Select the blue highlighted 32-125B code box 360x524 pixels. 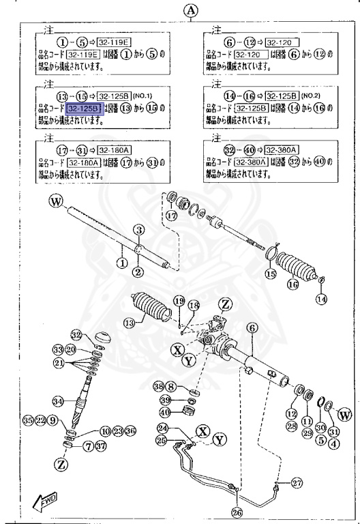[x=82, y=108]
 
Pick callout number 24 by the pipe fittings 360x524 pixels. [x=162, y=428]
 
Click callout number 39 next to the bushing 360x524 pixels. [x=165, y=399]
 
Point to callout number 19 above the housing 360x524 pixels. [x=179, y=301]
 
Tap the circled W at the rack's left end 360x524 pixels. [x=55, y=201]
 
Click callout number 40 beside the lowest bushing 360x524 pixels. [x=165, y=411]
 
